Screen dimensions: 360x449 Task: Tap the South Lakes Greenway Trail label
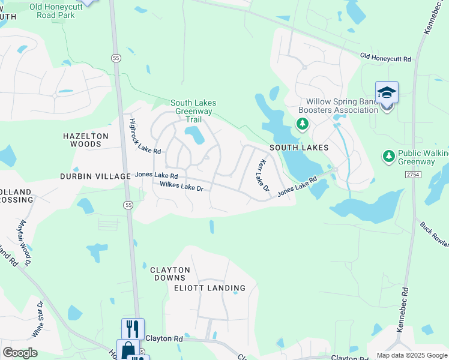193,111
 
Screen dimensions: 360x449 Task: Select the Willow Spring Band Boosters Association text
342,106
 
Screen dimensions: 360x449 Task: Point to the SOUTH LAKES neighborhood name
299,147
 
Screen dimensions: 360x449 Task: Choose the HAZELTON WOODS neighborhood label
86,140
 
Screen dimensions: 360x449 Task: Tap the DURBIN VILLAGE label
95,176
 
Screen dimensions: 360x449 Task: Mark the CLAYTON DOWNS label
170,274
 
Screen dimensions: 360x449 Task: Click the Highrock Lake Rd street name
145,135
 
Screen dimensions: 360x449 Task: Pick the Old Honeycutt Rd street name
385,58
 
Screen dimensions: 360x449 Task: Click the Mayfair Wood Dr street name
25,242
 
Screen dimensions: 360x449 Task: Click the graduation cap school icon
387,93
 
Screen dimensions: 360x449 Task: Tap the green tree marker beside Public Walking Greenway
389,157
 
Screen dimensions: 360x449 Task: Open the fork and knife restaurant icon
133,328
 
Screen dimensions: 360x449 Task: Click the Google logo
20,353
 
